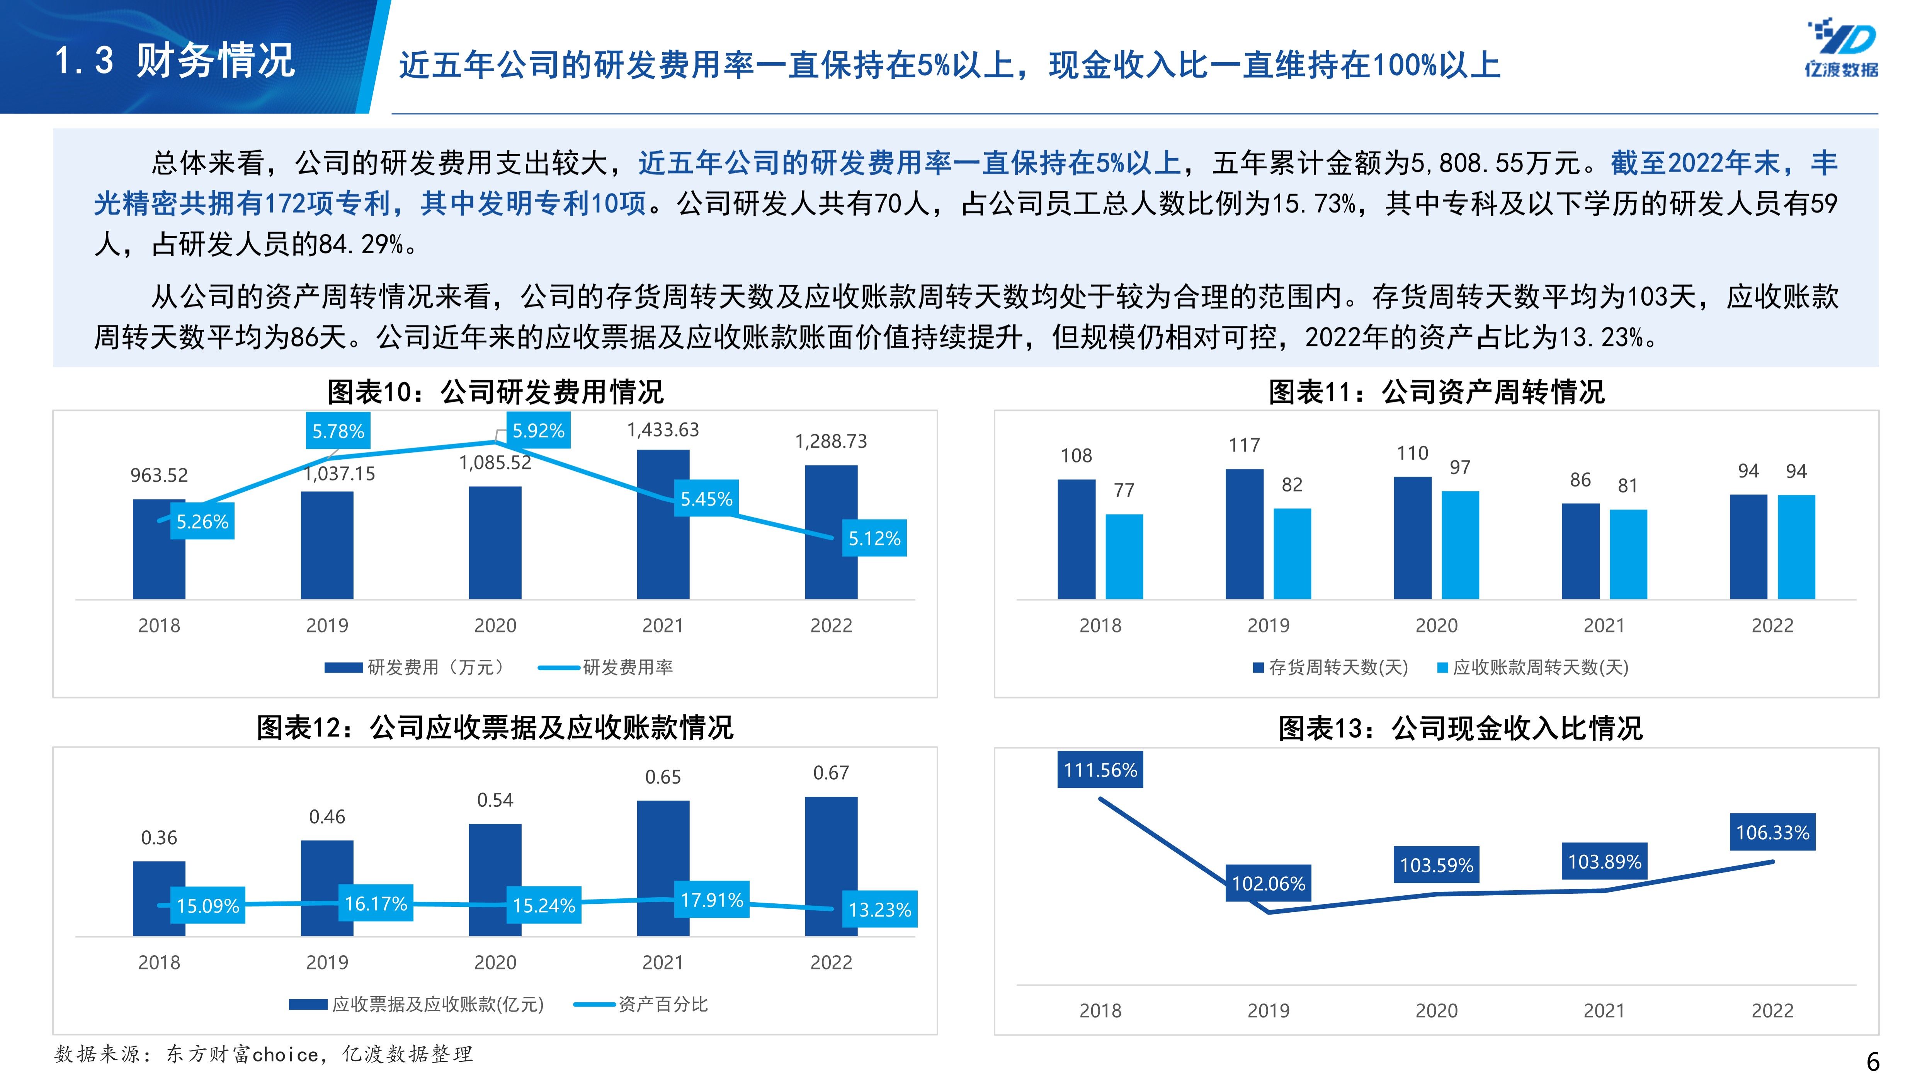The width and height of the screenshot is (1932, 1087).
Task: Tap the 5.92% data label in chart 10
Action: pyautogui.click(x=538, y=431)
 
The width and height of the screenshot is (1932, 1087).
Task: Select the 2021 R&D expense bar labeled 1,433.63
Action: pyautogui.click(x=663, y=525)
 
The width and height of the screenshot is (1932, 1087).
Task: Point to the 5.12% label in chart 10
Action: pyautogui.click(x=874, y=538)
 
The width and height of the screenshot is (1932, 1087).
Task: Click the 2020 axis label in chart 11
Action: pyautogui.click(x=1435, y=626)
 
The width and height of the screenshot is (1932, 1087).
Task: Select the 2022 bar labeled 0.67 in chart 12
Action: pyautogui.click(x=831, y=866)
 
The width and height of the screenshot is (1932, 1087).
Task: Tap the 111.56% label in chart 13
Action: pyautogui.click(x=1100, y=770)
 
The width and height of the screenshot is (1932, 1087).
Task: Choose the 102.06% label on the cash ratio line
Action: pyautogui.click(x=1268, y=883)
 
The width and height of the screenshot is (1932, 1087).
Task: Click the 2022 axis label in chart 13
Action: pyautogui.click(x=1772, y=1010)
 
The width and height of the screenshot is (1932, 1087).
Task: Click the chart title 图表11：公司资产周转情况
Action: pyautogui.click(x=1435, y=392)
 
